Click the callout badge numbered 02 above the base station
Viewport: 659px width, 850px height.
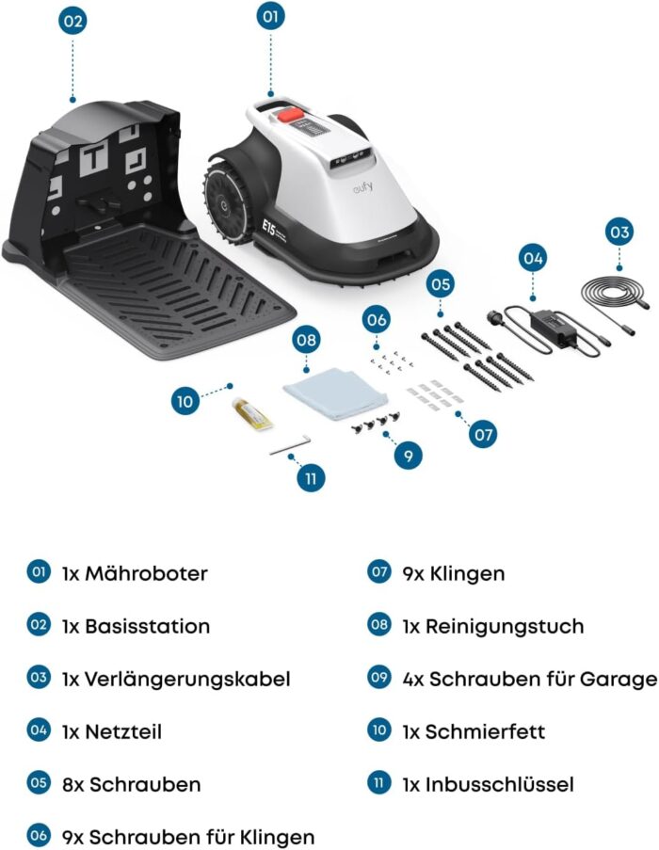(72, 22)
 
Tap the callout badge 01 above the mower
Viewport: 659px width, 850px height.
(271, 18)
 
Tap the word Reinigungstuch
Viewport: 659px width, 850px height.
(505, 625)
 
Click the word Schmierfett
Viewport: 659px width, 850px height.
(486, 730)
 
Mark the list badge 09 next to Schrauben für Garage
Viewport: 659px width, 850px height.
(378, 678)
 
